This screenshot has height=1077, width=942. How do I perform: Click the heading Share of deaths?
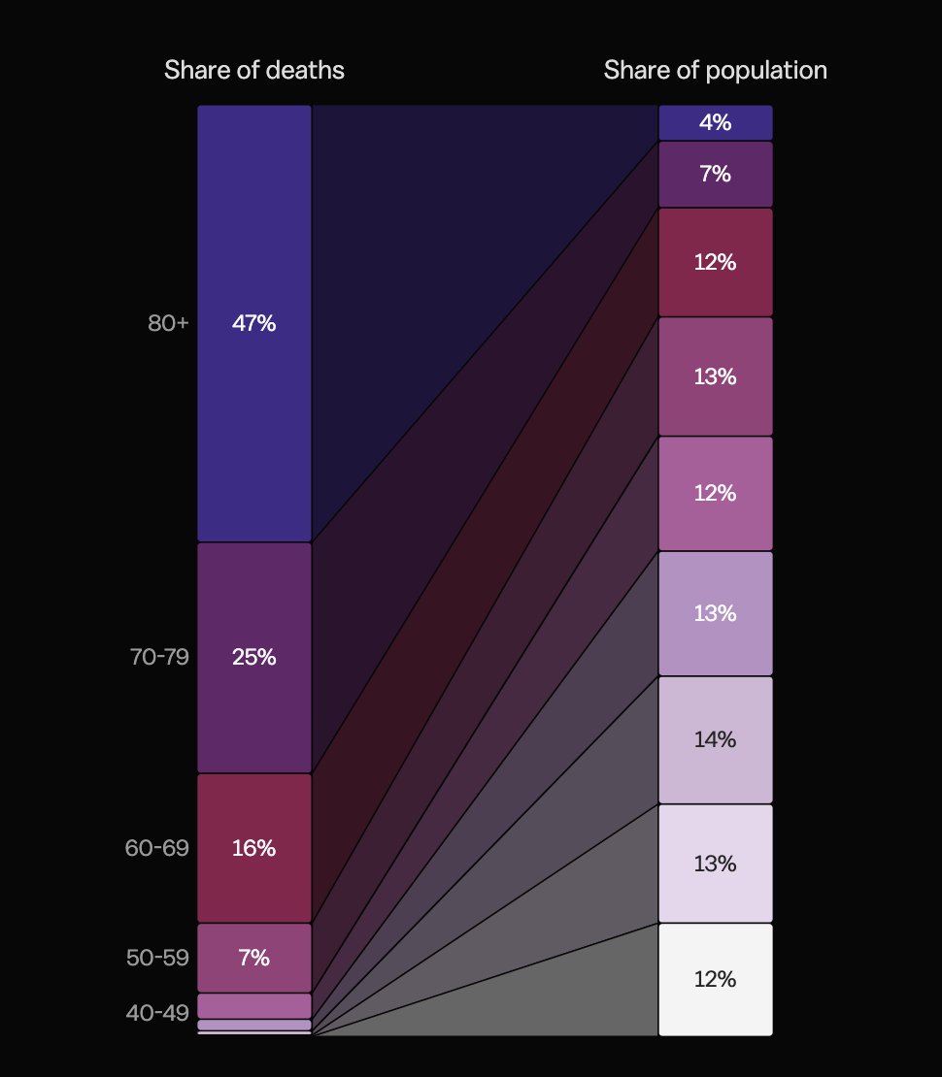[253, 71]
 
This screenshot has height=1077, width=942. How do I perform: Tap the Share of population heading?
[715, 71]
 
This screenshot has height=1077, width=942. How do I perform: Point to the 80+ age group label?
[168, 324]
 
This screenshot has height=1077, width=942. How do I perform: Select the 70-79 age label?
[159, 657]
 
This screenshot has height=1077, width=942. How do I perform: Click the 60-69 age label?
[157, 848]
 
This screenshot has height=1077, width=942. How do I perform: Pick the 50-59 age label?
[157, 958]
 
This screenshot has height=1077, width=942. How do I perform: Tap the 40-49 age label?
[157, 1013]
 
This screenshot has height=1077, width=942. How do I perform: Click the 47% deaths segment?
[254, 324]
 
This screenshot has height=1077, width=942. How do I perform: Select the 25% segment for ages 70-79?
[254, 657]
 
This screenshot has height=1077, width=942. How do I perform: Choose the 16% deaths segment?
[254, 848]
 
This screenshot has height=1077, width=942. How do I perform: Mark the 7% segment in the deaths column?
[254, 958]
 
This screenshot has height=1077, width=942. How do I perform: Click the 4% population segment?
[716, 123]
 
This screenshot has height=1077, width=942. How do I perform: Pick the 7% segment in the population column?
[716, 175]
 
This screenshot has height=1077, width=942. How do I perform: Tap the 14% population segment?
[716, 739]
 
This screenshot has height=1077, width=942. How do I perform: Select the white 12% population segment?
[716, 979]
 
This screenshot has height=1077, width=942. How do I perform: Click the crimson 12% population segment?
[716, 262]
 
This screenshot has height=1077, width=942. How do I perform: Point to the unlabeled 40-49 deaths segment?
[254, 1005]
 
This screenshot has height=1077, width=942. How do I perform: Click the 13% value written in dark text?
[716, 864]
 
